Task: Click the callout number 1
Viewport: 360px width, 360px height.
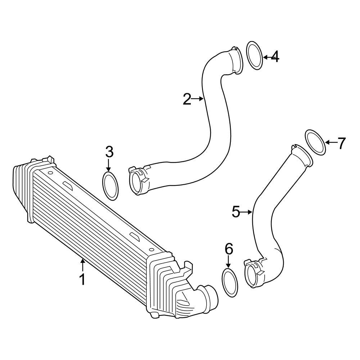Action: click(x=82, y=279)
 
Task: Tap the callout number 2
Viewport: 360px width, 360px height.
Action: click(x=187, y=99)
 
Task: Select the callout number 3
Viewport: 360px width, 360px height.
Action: click(x=109, y=152)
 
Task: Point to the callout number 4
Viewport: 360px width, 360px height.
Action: click(x=275, y=57)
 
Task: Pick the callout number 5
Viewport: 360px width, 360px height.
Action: click(x=236, y=212)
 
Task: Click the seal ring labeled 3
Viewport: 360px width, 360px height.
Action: click(x=111, y=186)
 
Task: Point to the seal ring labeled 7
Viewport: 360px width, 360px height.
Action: click(x=316, y=143)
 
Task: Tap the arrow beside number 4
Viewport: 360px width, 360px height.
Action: click(x=266, y=57)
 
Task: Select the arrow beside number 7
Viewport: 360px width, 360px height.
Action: click(x=331, y=143)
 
